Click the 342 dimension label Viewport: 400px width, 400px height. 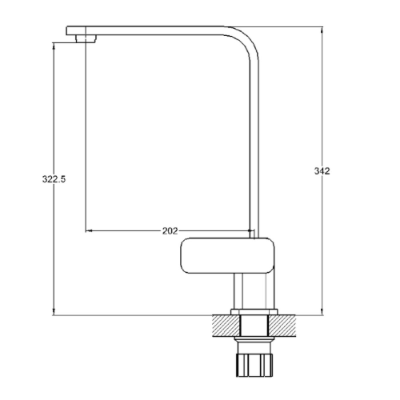(322, 171)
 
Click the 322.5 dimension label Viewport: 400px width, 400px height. (54, 179)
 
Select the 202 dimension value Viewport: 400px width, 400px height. (170, 230)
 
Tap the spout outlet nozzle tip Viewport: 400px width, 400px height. (86, 39)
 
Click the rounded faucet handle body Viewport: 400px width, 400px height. (227, 255)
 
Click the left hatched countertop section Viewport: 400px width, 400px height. (226, 326)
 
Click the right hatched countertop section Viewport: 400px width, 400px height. (282, 326)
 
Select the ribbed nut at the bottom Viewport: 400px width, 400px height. (254, 365)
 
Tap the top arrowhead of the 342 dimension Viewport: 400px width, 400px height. (322, 30)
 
